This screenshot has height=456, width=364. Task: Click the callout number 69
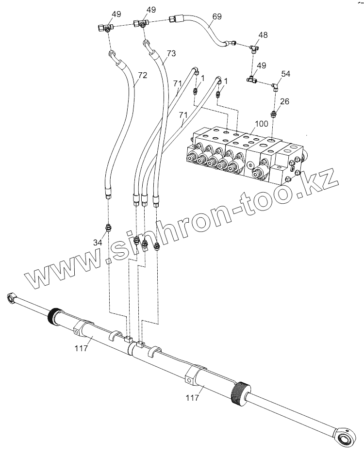(x=217, y=16)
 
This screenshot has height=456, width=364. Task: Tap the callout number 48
(x=263, y=35)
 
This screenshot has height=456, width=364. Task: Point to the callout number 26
(x=285, y=101)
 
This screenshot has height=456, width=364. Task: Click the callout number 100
(x=261, y=124)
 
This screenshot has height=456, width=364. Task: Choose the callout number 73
(x=171, y=53)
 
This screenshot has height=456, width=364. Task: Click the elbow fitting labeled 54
(x=275, y=87)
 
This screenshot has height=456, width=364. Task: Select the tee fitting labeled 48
(x=254, y=48)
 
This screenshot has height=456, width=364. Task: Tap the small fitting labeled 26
(x=274, y=114)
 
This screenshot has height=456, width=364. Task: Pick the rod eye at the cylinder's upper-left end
(x=11, y=297)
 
